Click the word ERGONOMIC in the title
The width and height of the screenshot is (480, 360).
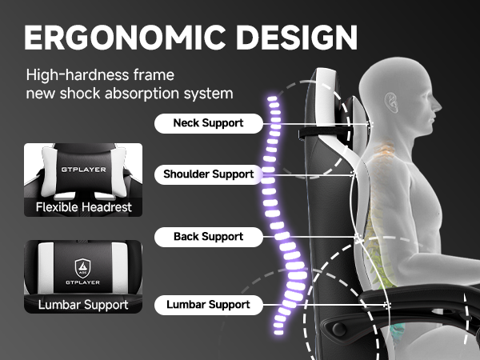coord(125,38)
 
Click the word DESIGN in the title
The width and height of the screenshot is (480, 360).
coord(297,38)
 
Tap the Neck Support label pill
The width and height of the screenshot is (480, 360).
coord(209,123)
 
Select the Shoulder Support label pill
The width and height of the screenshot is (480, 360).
coord(209,174)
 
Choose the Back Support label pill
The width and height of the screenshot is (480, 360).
coord(209,237)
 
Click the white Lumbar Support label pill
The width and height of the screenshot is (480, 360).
coord(209,305)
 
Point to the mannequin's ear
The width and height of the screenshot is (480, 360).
coord(391,102)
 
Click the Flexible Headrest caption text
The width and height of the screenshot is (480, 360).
coord(83,207)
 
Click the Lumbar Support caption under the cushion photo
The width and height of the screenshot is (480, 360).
coord(83,305)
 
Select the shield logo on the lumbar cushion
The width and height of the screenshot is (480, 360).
coord(82,268)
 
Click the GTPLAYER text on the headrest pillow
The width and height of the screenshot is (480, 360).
coord(83,170)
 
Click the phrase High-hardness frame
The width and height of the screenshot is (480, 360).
coord(100,75)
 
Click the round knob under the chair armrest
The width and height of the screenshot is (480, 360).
coord(339,329)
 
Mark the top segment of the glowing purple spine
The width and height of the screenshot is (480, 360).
coord(272,98)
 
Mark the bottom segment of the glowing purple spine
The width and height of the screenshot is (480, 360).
coord(278,333)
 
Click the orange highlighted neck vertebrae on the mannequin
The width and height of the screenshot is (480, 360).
coord(382,151)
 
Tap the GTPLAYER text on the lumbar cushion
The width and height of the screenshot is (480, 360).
coord(82,282)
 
